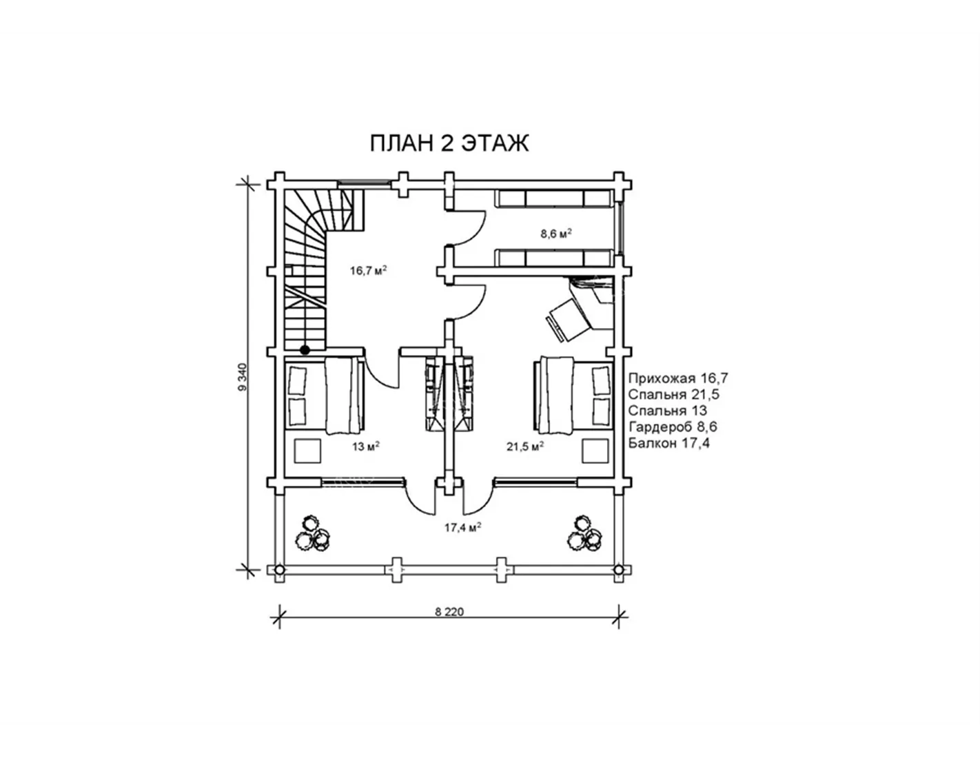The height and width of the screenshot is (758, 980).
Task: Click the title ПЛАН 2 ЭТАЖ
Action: (x=449, y=143)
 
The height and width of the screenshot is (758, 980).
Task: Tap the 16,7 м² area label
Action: (x=369, y=270)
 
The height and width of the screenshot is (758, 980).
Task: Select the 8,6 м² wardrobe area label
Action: (x=556, y=234)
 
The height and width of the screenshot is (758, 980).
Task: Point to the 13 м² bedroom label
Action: (x=366, y=447)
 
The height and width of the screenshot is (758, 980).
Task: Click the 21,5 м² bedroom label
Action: (x=525, y=447)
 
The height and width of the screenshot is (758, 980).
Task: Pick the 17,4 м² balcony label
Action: (x=462, y=527)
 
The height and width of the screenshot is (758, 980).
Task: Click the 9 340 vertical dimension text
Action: (x=243, y=376)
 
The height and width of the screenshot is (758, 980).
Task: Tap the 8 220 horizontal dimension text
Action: (x=449, y=612)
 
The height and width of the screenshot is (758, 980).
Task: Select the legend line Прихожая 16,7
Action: (x=678, y=378)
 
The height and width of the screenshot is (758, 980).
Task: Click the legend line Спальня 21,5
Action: (x=674, y=395)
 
